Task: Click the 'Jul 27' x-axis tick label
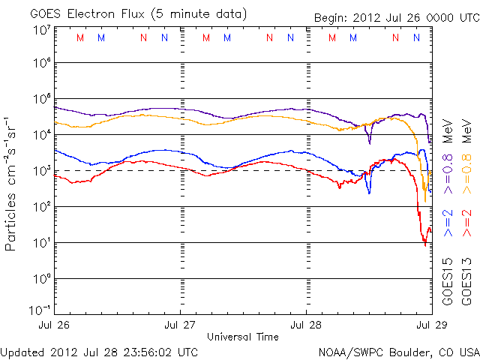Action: tap(180, 325)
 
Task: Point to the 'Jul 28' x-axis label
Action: tap(307, 325)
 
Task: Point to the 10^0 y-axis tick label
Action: tap(40, 278)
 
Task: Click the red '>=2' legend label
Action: tap(469, 226)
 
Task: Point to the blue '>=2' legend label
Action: tap(448, 226)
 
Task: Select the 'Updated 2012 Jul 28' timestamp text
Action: tap(100, 351)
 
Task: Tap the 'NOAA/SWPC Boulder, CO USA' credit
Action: tap(399, 351)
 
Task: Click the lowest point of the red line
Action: tap(425, 244)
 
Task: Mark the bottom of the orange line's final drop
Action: tap(424, 201)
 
